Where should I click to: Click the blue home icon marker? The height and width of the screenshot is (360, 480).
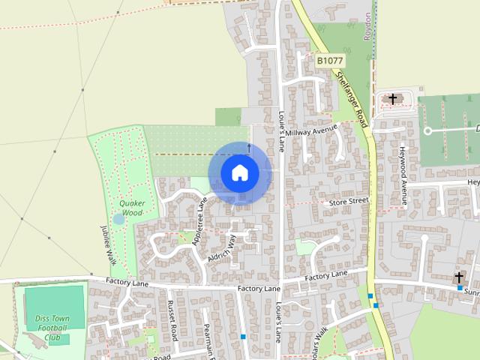[x=239, y=172]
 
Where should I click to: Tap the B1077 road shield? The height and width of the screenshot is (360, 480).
[x=329, y=59]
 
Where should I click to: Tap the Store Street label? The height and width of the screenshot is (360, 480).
[x=349, y=201]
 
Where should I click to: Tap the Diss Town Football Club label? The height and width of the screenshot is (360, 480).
[x=52, y=328]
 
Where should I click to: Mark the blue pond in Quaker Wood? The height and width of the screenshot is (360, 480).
[x=118, y=219]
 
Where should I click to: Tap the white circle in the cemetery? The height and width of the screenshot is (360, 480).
[x=427, y=130]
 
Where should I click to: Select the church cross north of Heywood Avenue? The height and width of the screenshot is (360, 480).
[x=391, y=99]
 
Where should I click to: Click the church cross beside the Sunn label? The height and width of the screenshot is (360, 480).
[x=458, y=277]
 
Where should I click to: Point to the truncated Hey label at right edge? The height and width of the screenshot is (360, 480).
[x=472, y=182]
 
